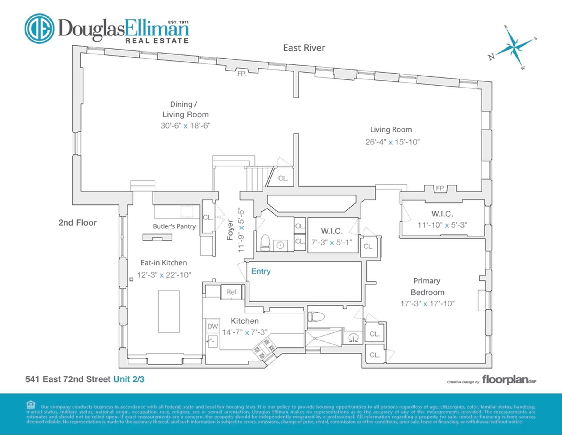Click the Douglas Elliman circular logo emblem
click(x=39, y=28)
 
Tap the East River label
click(x=304, y=48)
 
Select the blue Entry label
click(x=261, y=271)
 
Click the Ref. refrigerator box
click(x=232, y=292)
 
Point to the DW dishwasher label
click(x=213, y=326)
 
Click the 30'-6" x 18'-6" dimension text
click(x=185, y=126)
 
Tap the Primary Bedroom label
click(x=427, y=286)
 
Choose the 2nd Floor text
click(x=77, y=223)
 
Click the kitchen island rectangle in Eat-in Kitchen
click(x=169, y=311)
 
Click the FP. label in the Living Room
click(x=440, y=188)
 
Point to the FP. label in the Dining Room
click(x=241, y=74)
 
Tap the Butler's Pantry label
click(x=174, y=226)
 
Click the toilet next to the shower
click(x=316, y=316)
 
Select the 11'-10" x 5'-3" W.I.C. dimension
click(x=442, y=225)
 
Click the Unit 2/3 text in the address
click(x=129, y=379)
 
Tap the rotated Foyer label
click(x=230, y=230)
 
